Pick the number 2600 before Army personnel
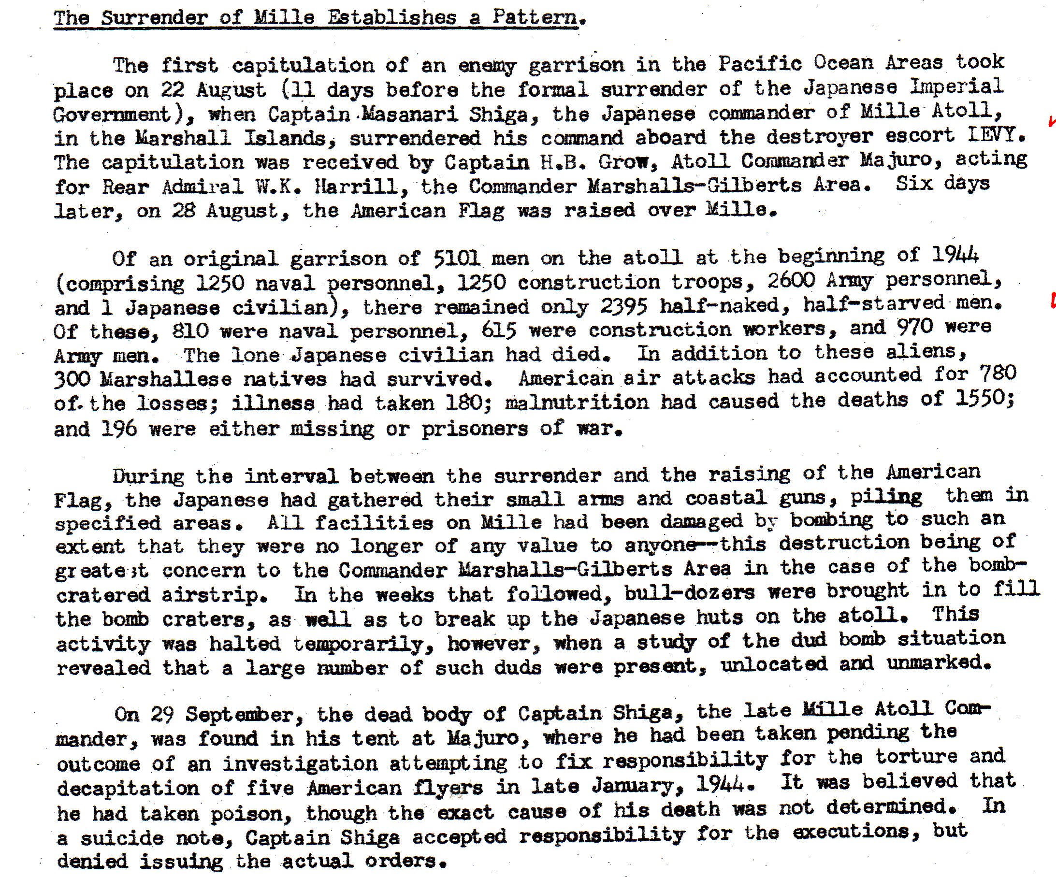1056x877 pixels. [x=791, y=281]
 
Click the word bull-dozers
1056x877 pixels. [x=689, y=593]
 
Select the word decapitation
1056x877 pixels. [x=128, y=788]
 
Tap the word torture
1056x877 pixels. [x=916, y=757]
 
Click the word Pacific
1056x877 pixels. [x=759, y=64]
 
